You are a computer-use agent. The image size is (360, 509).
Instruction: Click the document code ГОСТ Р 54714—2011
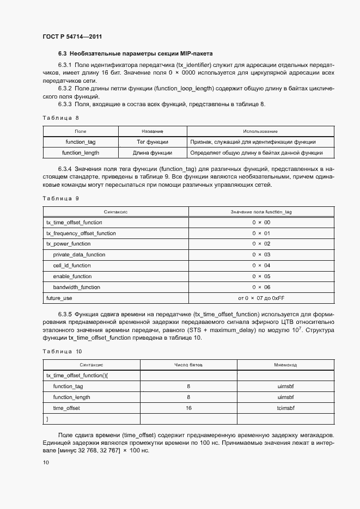click(x=72, y=37)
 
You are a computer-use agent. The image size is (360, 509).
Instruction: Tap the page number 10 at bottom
click(x=46, y=462)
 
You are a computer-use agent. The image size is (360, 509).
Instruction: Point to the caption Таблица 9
click(x=60, y=198)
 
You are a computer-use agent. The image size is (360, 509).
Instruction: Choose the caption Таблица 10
click(x=62, y=352)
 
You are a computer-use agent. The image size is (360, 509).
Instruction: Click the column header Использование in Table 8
click(x=260, y=131)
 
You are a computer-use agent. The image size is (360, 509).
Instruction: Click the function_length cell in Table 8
click(x=81, y=153)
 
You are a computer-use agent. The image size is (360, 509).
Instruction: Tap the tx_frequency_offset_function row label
click(x=81, y=233)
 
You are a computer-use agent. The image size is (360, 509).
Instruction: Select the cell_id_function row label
click(x=72, y=266)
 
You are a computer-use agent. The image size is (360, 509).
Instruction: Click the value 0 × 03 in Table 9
click(x=261, y=255)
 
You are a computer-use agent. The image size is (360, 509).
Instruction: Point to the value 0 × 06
click(x=261, y=287)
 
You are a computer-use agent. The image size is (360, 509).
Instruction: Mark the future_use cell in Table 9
click(x=59, y=298)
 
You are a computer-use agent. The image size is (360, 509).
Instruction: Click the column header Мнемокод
click(x=285, y=365)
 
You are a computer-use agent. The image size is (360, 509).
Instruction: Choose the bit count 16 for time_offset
click(x=188, y=408)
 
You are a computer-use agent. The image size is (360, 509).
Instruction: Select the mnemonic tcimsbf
click(x=285, y=408)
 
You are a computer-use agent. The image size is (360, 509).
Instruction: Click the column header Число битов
click(x=188, y=365)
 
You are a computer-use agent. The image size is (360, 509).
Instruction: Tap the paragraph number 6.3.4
click(x=65, y=169)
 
